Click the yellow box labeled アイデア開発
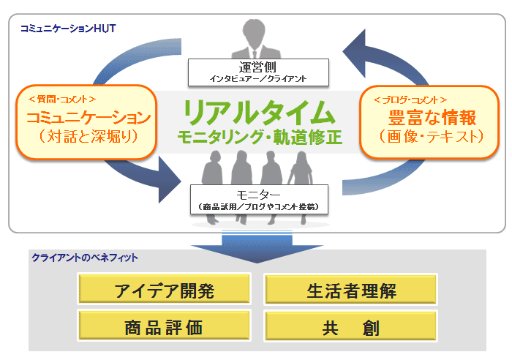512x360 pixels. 164,290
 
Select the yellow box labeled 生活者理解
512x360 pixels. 350,290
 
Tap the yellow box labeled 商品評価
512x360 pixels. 164,326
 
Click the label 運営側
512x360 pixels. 258,66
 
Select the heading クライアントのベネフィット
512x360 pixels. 85,258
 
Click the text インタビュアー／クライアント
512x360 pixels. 258,78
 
